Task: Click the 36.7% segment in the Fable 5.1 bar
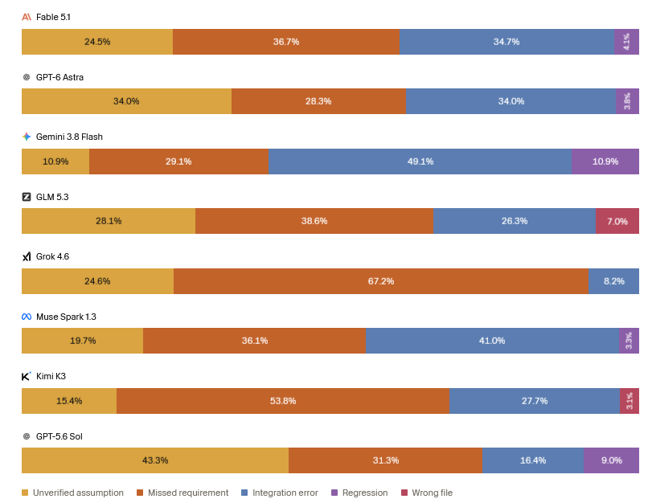coord(286,42)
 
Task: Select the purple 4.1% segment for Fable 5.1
coord(626,42)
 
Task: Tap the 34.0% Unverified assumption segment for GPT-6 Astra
coord(126,101)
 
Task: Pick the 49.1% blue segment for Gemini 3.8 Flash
coord(420,162)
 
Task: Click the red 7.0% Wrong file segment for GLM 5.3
coord(617,221)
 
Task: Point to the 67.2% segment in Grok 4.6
coord(380,281)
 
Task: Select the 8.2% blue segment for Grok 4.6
coord(613,281)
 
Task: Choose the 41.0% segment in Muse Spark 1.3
coord(492,341)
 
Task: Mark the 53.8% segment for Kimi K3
coord(283,401)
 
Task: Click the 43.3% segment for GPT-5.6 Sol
coord(155,460)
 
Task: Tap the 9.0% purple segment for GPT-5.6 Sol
coord(611,460)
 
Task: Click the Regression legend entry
coord(359,493)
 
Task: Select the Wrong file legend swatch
coord(404,493)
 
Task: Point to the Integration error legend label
coord(285,493)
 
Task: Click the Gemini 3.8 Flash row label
coord(69,137)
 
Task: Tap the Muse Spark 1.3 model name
coord(66,317)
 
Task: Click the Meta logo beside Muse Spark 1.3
coord(27,317)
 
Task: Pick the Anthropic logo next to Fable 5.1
coord(27,17)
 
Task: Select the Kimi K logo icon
coord(27,376)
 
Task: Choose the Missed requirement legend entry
coord(183,493)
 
